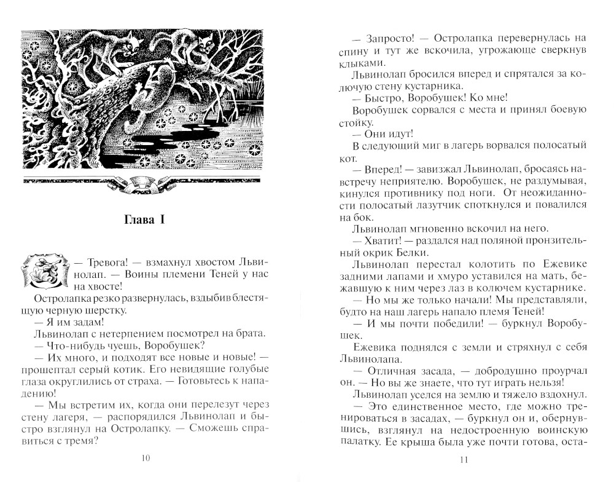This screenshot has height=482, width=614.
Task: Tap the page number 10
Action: [x=146, y=457]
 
